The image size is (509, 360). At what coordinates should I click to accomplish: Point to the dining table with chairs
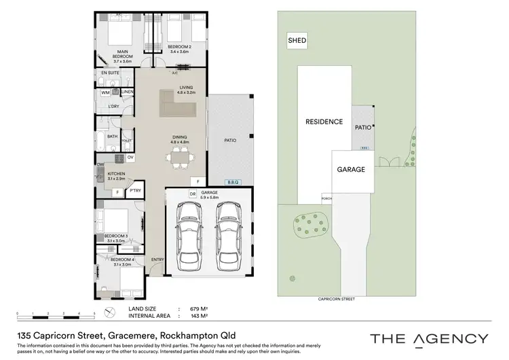tap(179, 158)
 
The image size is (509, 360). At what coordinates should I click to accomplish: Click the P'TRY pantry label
tap(135, 191)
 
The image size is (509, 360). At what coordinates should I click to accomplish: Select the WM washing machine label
tap(106, 92)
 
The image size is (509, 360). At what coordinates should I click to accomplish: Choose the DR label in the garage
tap(174, 194)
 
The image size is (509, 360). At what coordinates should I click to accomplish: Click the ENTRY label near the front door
tap(157, 259)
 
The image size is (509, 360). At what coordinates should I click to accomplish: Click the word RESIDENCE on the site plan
tap(324, 122)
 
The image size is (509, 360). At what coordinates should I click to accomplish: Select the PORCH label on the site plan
tap(326, 200)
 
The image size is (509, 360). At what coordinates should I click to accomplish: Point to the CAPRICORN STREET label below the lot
tap(337, 299)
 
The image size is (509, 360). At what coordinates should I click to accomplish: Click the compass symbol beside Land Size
tap(109, 313)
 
